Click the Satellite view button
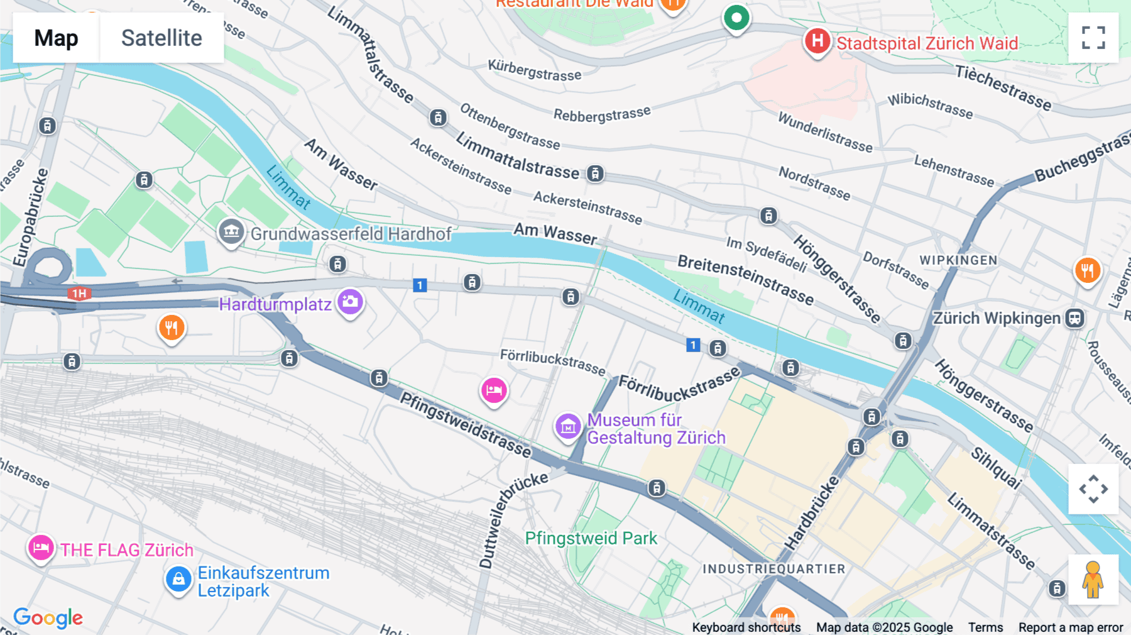point(161,38)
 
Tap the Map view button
point(56,38)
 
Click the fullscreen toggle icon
point(1093,38)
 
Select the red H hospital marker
point(817,41)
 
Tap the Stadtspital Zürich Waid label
point(927,43)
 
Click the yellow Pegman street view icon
point(1093,580)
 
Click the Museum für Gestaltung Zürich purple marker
point(567,427)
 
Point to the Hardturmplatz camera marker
point(350,302)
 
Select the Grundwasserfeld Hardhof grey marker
point(231,232)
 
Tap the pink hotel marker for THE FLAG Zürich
point(41,548)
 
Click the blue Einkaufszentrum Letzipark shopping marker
point(178,579)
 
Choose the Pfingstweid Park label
point(591,538)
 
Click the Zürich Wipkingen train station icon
point(1074,318)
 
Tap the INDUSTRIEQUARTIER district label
point(773,569)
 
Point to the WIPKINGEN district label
point(958,260)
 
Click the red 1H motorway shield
point(79,294)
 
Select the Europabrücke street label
point(30,218)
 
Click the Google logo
point(48,618)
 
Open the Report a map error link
point(1070,627)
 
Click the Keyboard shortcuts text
point(746,627)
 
